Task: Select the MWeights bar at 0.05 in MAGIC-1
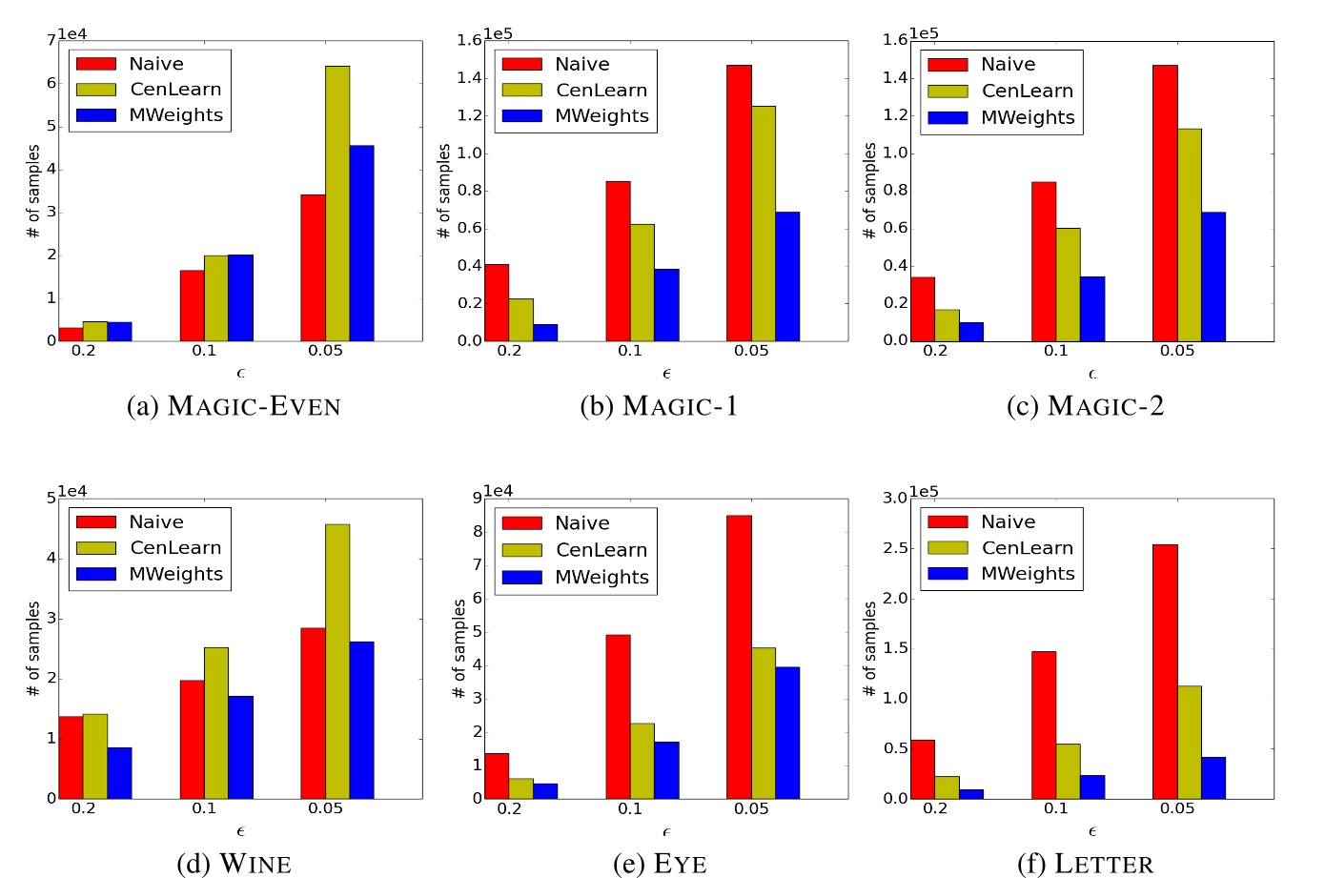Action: [x=787, y=276]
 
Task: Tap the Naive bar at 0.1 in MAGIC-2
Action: [x=1044, y=261]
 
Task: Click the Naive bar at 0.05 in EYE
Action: [x=739, y=657]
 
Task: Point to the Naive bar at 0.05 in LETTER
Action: [x=1165, y=671]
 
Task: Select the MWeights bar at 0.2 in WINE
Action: [x=119, y=772]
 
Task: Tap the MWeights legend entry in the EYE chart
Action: [x=576, y=577]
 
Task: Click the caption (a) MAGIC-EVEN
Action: [x=234, y=406]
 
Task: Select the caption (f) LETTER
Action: [x=1085, y=864]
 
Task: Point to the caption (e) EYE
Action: [x=660, y=864]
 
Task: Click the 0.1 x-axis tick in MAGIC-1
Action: [x=630, y=351]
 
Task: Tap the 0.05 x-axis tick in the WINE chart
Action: [x=325, y=808]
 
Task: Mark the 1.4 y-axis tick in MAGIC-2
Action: [x=895, y=77]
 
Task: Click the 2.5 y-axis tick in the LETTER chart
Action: [x=895, y=548]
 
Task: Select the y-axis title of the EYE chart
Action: [x=459, y=648]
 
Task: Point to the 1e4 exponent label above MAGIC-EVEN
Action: [x=71, y=34]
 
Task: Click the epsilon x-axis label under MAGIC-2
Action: [x=1092, y=374]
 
